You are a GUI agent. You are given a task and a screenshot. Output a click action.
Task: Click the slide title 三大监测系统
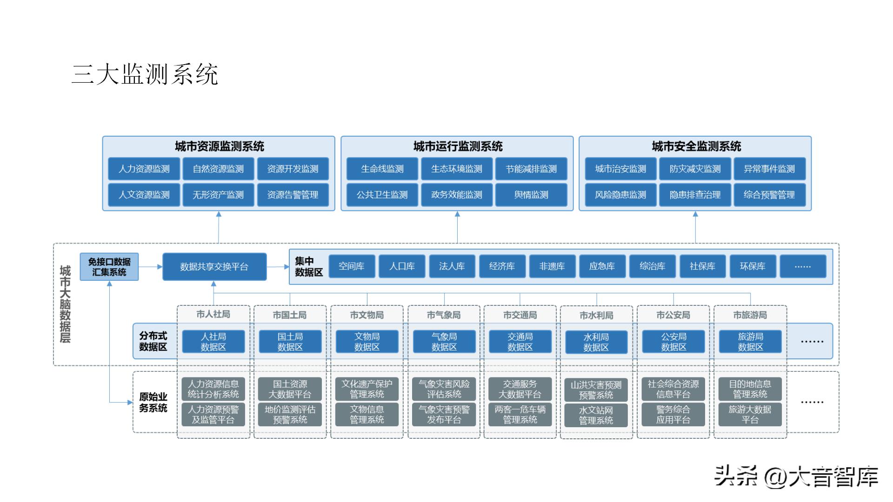tap(145, 74)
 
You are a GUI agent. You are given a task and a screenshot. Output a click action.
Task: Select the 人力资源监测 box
tap(144, 169)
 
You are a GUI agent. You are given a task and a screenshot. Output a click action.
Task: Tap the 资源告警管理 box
tap(293, 195)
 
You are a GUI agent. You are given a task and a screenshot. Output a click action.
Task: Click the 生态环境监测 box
tap(457, 169)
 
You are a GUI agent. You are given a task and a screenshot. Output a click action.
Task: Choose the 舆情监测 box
tap(531, 195)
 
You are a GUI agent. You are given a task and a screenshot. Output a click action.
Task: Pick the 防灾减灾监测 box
tap(695, 169)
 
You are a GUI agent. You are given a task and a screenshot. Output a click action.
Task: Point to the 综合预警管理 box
tap(769, 195)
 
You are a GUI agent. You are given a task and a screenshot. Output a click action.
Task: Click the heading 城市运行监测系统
tap(458, 146)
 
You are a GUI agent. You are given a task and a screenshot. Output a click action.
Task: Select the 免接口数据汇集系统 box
tap(109, 267)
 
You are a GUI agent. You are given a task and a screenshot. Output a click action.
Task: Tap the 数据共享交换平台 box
tap(214, 267)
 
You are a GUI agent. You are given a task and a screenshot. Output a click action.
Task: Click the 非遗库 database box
tap(552, 266)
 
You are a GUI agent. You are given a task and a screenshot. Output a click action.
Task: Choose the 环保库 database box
tap(753, 266)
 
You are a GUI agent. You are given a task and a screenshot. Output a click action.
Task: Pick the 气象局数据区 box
tap(444, 342)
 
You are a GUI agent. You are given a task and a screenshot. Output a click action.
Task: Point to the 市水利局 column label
tap(596, 315)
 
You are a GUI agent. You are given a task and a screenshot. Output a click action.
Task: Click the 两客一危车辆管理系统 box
tap(520, 415)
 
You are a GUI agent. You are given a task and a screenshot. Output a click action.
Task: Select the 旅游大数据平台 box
tap(750, 415)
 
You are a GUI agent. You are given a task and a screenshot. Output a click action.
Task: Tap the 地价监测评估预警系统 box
tap(290, 415)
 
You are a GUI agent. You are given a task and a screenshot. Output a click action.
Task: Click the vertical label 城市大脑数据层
tap(65, 304)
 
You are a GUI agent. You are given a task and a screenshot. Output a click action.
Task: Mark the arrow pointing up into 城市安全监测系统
tap(695, 215)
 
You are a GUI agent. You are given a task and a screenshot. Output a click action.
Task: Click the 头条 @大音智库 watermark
tap(796, 476)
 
